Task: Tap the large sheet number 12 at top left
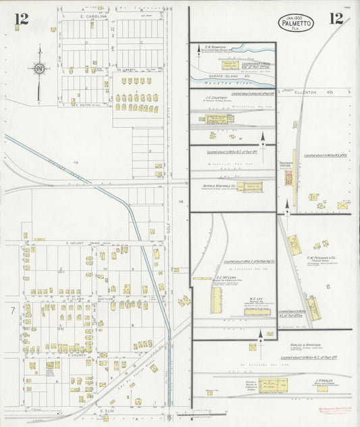coord(22,19)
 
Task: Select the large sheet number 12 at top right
coord(336,19)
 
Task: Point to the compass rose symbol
coord(40,68)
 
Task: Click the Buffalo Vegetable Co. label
coord(217,185)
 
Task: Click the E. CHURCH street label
coord(78,354)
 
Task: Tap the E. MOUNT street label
coord(74,242)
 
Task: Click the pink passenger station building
coord(289,178)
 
